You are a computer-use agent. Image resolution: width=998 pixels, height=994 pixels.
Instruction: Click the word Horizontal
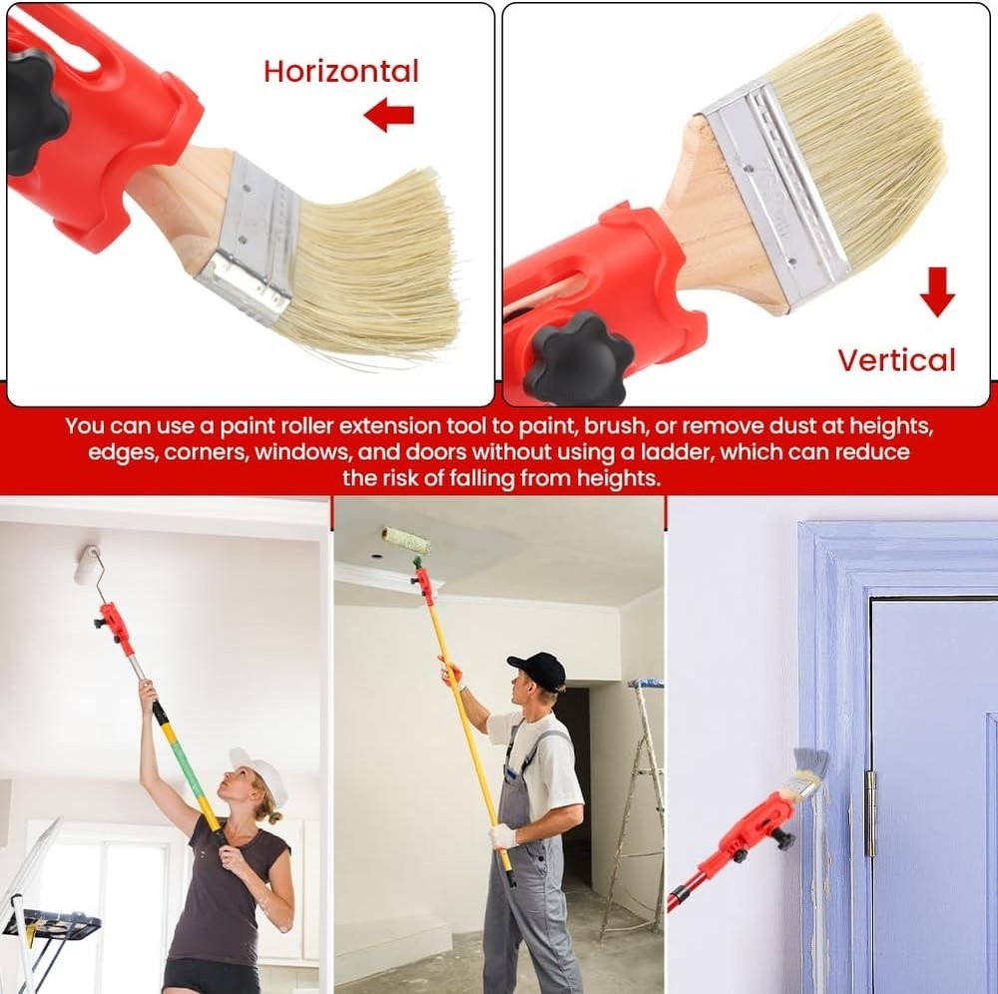click(341, 71)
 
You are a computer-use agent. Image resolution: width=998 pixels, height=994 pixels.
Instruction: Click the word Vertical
click(896, 360)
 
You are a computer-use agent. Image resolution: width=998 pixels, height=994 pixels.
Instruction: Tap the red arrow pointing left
click(388, 116)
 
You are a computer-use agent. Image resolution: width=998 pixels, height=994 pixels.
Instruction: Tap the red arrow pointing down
click(937, 290)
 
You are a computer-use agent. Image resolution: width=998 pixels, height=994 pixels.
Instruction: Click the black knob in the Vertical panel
click(579, 356)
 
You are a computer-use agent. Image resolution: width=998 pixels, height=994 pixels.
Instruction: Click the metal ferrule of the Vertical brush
click(773, 190)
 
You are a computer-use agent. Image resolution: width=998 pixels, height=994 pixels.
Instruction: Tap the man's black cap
click(538, 670)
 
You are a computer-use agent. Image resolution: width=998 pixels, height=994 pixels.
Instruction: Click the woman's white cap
click(261, 771)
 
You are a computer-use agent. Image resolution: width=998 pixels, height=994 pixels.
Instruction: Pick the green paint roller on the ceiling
click(406, 540)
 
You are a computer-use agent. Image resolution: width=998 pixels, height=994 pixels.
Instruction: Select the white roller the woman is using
click(87, 565)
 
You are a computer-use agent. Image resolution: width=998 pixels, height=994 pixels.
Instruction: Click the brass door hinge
click(869, 812)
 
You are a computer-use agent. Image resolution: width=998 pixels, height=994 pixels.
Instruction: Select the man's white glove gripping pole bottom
click(503, 835)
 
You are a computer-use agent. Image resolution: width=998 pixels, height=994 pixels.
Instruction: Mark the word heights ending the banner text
click(620, 478)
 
